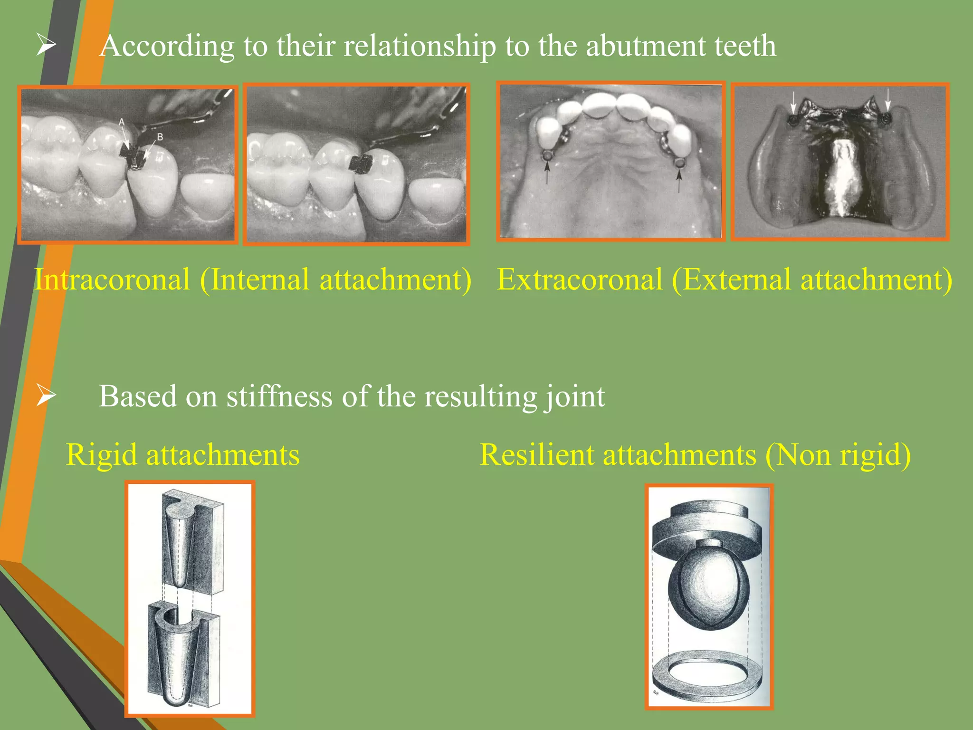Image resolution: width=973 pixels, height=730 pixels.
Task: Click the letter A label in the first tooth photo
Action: (x=122, y=123)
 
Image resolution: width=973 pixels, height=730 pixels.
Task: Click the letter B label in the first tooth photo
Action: (x=160, y=137)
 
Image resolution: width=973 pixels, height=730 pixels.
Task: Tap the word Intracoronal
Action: (x=112, y=279)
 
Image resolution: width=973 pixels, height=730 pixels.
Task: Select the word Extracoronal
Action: (x=580, y=279)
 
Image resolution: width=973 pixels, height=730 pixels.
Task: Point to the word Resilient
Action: (x=537, y=455)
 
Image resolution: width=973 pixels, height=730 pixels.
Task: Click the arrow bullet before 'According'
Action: (x=46, y=46)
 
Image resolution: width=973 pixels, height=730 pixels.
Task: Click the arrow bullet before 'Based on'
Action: (x=46, y=395)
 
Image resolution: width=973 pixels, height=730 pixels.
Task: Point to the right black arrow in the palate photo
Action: (x=679, y=178)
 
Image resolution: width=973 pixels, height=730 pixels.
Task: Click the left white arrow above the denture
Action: (x=792, y=102)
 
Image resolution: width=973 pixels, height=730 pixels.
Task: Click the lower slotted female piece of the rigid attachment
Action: (x=183, y=656)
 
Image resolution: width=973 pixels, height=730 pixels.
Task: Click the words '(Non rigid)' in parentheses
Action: (x=838, y=455)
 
